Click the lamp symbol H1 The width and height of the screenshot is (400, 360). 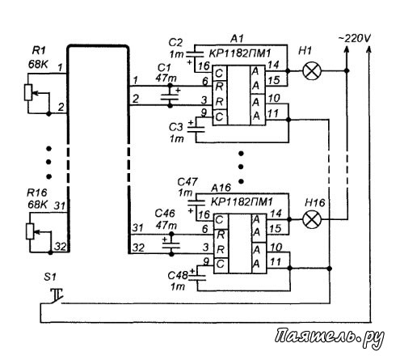[312, 70]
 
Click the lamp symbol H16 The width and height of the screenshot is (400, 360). [312, 219]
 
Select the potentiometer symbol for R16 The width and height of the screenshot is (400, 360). [30, 231]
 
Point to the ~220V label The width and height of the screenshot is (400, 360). [354, 39]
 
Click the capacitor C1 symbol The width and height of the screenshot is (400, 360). [170, 97]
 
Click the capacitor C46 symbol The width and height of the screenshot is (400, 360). [171, 245]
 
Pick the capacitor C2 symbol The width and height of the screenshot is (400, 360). [195, 54]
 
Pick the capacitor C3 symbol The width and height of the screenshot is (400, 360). [196, 129]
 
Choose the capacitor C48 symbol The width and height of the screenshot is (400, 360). [197, 277]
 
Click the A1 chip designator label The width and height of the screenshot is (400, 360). [237, 39]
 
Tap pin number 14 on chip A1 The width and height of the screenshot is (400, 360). [273, 65]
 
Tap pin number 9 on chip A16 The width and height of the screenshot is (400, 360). [206, 261]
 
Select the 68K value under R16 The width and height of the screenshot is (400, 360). [37, 205]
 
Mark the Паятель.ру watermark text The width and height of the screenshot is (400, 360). [329, 337]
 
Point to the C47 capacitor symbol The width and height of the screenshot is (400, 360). [196, 202]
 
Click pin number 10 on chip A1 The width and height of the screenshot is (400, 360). [274, 98]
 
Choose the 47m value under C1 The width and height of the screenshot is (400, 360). [166, 78]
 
